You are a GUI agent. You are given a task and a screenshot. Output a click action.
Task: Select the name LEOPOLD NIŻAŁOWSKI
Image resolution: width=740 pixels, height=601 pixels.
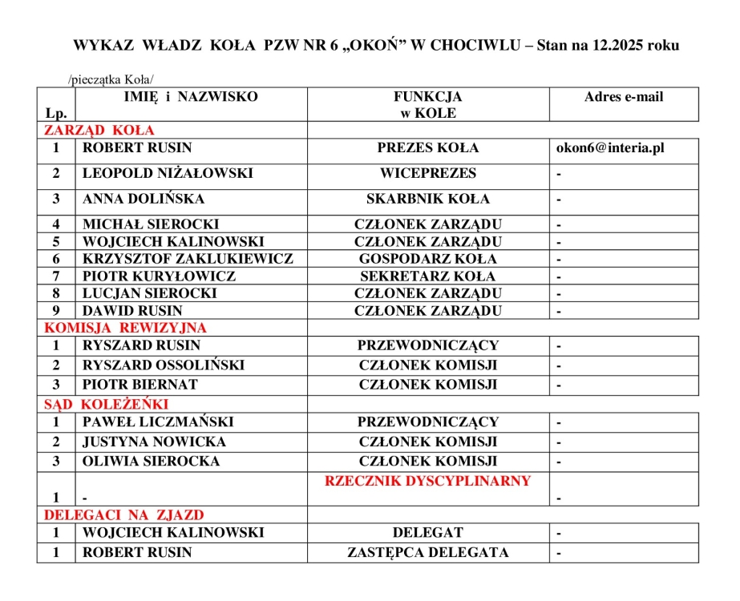click(168, 173)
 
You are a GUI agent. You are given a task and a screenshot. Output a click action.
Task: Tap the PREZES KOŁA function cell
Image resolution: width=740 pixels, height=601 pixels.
click(427, 148)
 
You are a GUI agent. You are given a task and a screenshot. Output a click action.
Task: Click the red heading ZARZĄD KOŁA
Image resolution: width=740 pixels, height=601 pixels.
click(99, 130)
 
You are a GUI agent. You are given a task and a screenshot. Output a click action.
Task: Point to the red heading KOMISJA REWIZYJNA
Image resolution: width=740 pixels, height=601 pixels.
click(125, 328)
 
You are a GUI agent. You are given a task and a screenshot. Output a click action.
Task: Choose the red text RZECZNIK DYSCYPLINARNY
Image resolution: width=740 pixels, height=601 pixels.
click(427, 482)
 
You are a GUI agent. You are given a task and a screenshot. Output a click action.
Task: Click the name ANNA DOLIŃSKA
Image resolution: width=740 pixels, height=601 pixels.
click(144, 199)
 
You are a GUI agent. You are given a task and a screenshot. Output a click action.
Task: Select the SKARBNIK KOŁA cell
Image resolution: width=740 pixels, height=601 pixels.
click(427, 199)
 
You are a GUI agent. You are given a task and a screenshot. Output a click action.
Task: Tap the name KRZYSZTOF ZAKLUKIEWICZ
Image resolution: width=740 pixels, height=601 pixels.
click(188, 259)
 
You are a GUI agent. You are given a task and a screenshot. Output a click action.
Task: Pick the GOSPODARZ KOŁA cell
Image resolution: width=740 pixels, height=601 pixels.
click(427, 259)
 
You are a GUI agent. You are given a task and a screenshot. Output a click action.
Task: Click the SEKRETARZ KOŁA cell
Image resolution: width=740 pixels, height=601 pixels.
click(427, 276)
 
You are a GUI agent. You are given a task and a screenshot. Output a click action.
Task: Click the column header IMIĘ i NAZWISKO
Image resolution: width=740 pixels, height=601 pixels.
click(191, 97)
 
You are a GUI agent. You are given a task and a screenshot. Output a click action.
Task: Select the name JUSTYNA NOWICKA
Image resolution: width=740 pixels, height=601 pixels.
click(154, 442)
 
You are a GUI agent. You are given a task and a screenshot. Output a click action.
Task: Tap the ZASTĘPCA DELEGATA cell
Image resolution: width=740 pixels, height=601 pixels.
click(427, 553)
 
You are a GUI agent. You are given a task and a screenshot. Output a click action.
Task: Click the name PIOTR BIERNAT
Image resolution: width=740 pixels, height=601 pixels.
click(140, 385)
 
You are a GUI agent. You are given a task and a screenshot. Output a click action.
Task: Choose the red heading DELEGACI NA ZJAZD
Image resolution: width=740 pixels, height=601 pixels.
click(123, 514)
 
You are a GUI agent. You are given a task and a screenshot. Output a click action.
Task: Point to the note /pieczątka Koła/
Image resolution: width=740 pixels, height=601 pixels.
click(111, 79)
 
